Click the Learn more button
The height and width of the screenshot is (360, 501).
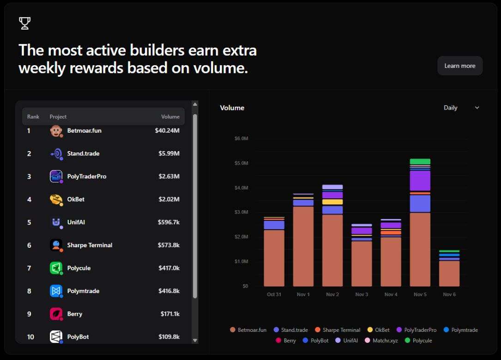(x=459, y=66)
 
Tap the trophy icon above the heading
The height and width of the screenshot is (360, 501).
(x=24, y=23)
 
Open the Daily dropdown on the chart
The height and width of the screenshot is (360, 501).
(x=461, y=108)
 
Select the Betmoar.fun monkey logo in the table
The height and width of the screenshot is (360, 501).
(x=56, y=131)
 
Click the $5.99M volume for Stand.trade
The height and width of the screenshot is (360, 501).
(x=167, y=153)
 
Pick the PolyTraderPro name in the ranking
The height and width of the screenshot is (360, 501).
(x=86, y=177)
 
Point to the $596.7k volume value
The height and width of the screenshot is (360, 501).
(x=168, y=222)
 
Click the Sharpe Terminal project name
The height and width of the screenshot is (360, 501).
(x=90, y=245)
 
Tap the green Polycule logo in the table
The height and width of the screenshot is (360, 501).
(x=56, y=268)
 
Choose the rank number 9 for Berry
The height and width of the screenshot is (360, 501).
(x=29, y=314)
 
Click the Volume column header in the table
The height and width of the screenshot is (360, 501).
(x=170, y=117)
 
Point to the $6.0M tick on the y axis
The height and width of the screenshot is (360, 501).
(x=241, y=139)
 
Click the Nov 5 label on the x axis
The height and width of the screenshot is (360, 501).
(x=420, y=294)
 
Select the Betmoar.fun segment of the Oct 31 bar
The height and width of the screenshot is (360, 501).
(x=274, y=258)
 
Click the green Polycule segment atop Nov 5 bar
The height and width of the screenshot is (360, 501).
(x=420, y=162)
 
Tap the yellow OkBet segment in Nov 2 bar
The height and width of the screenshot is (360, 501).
(x=332, y=202)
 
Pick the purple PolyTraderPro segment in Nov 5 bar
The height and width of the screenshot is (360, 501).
(x=420, y=181)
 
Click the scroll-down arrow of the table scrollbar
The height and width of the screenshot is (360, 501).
(x=195, y=340)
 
